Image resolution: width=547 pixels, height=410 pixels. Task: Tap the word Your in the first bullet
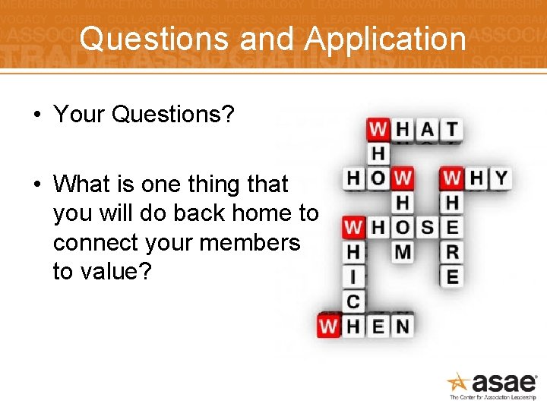point(79,115)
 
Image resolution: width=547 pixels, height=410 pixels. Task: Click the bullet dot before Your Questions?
point(36,115)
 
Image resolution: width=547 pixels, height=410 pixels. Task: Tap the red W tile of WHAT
point(378,129)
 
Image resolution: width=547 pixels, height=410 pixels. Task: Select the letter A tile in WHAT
point(428,129)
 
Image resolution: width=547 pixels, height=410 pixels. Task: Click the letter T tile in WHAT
point(452,129)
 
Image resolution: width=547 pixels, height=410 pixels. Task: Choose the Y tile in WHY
point(501,178)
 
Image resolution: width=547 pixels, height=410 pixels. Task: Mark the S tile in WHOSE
point(428,227)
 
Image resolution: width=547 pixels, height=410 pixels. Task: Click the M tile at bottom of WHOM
point(403,251)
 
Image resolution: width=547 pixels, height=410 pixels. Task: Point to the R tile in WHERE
point(452,251)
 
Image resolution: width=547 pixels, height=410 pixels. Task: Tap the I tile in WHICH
point(353,276)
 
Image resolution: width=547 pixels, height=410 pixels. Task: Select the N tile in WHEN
point(403,326)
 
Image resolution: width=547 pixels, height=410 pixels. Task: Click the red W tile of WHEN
point(329,326)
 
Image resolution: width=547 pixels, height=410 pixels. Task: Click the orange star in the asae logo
point(458,381)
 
